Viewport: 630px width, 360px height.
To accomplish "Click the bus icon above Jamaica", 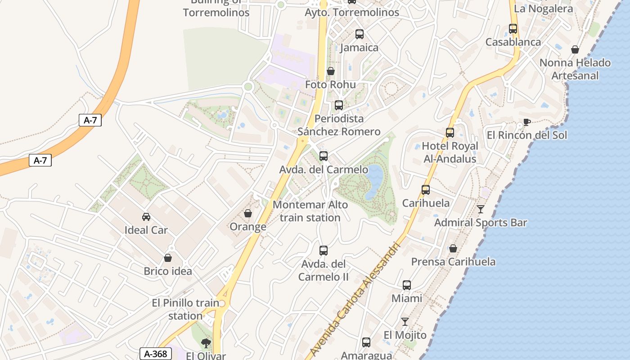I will coord(359,34).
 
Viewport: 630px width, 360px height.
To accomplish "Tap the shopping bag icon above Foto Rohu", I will coord(331,71).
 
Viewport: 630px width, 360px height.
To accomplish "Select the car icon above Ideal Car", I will coord(146,217).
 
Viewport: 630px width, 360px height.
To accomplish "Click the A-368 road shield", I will coord(156,354).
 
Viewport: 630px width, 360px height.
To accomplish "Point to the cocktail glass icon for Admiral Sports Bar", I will coord(481,209).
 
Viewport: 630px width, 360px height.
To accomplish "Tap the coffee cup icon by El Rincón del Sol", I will coord(527,122).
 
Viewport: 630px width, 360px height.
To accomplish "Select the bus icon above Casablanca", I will coord(513,29).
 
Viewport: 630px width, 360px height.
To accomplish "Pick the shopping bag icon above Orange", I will coord(248,213).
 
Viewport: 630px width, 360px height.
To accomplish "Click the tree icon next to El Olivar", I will coord(206,343).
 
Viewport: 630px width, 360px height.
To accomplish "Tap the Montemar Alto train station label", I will coord(310,211).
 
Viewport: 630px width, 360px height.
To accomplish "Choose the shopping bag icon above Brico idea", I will coord(168,258).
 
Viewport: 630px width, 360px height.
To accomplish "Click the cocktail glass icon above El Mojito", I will coord(405,321).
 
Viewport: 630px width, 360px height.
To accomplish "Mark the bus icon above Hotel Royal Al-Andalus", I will coord(450,133).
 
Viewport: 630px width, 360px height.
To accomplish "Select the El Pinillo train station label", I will coord(185,309).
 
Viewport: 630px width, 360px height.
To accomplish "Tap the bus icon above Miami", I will coord(407,285).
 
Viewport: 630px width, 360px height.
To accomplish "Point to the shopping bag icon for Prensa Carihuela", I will coord(453,248).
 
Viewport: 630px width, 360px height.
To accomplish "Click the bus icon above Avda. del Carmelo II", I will coord(323,251).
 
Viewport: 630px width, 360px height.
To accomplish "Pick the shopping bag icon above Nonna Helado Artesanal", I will coord(575,49).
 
